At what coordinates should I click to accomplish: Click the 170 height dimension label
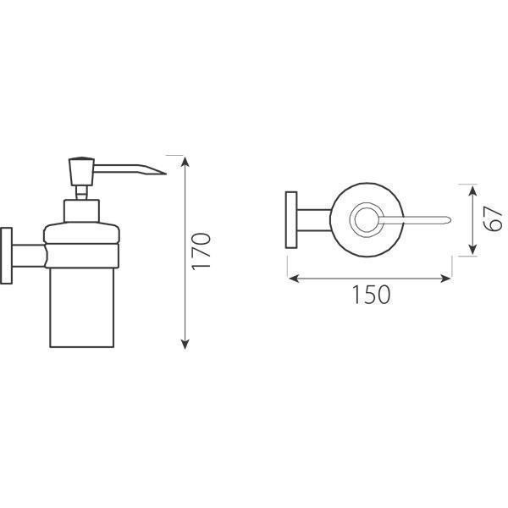[x=201, y=251]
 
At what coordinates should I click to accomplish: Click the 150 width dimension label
[x=372, y=295]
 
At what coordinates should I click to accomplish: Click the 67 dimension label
[x=493, y=219]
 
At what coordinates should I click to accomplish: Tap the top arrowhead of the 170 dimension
[x=185, y=161]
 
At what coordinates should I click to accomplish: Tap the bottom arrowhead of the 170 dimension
[x=185, y=344]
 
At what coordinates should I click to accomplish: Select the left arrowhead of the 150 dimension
[x=294, y=278]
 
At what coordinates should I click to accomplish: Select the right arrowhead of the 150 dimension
[x=445, y=278]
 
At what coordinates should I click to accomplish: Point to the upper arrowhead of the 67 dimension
[x=472, y=190]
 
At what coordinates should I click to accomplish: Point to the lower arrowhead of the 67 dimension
[x=472, y=249]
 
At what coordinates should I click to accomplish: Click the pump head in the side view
[x=81, y=172]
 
